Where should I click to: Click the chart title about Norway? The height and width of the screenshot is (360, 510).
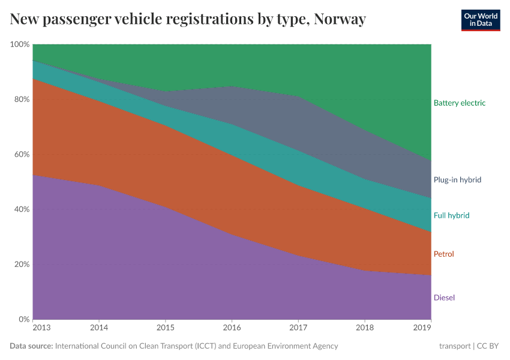[188, 19]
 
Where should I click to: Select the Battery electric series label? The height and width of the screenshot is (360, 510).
[459, 103]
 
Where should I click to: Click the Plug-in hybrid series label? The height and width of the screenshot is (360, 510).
[457, 179]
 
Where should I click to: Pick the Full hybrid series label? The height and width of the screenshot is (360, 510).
[451, 215]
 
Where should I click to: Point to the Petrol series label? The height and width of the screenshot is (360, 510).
[443, 254]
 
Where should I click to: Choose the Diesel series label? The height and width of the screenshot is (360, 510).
[443, 298]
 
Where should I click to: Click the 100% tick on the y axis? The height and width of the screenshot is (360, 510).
[20, 44]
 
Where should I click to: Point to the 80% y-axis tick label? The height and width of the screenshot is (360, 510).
[22, 100]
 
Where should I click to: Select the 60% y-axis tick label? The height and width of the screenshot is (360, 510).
[22, 154]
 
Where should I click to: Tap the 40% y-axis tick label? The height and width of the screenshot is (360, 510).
[22, 209]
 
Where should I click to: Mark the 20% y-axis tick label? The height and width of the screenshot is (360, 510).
[22, 265]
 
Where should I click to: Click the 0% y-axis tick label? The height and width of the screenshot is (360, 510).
[23, 319]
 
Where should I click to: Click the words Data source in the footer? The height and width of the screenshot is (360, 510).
[31, 346]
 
